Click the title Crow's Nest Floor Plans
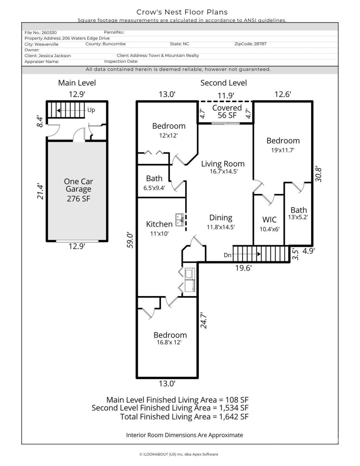pos(182,12)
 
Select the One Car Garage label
pos(78,185)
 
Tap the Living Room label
pos(223,164)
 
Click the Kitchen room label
pos(159,224)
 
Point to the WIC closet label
pos(269,220)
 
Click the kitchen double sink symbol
pos(180,220)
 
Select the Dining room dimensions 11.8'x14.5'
pos(221,227)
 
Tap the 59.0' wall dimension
pos(130,240)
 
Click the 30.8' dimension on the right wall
pos(319,174)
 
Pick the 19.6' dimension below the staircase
pos(243,268)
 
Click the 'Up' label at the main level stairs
pos(91,110)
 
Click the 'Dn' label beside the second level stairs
pos(227,255)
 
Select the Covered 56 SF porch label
pos(227,111)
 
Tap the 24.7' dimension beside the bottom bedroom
pos(203,320)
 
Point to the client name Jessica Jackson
pos(54,56)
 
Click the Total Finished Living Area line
pos(184,417)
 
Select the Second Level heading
pos(224,83)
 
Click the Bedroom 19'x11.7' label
pos(283,145)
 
